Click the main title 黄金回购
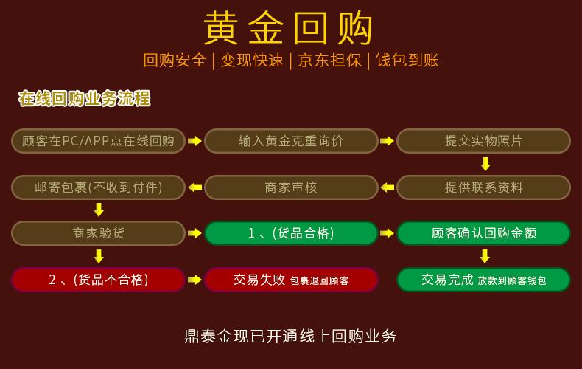tap(288, 27)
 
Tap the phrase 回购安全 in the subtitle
tap(175, 61)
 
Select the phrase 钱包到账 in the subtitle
tap(407, 61)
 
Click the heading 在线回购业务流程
tap(85, 99)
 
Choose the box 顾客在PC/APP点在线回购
tap(99, 141)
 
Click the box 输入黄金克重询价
tap(291, 141)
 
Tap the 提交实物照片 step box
tap(483, 141)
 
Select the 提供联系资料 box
tap(483, 187)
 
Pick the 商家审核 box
tap(291, 187)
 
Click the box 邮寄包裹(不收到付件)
tap(99, 187)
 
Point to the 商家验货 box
tap(99, 233)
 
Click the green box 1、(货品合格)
tap(291, 233)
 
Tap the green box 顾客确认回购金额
tap(483, 233)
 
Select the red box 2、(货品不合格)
tap(99, 280)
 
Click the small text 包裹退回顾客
tap(319, 281)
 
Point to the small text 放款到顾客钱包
tap(512, 281)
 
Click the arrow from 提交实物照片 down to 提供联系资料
tap(485, 164)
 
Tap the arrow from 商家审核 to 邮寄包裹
tap(195, 187)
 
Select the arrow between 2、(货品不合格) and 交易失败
tap(195, 280)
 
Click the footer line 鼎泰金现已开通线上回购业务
tap(290, 337)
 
